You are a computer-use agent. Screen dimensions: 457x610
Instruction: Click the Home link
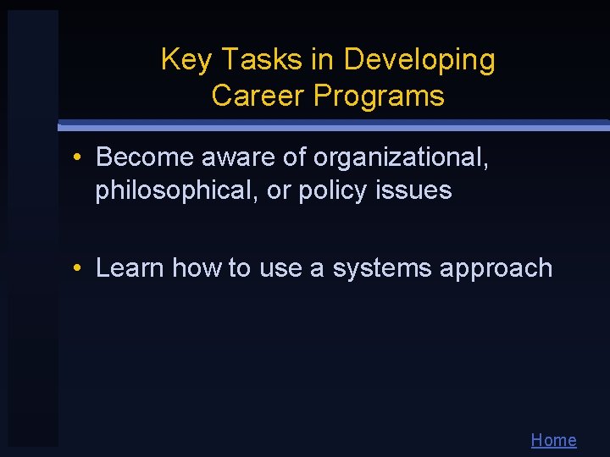pyautogui.click(x=553, y=440)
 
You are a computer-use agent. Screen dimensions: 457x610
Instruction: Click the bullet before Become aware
pyautogui.click(x=76, y=157)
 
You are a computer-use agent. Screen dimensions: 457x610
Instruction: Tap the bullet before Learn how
pyautogui.click(x=76, y=268)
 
